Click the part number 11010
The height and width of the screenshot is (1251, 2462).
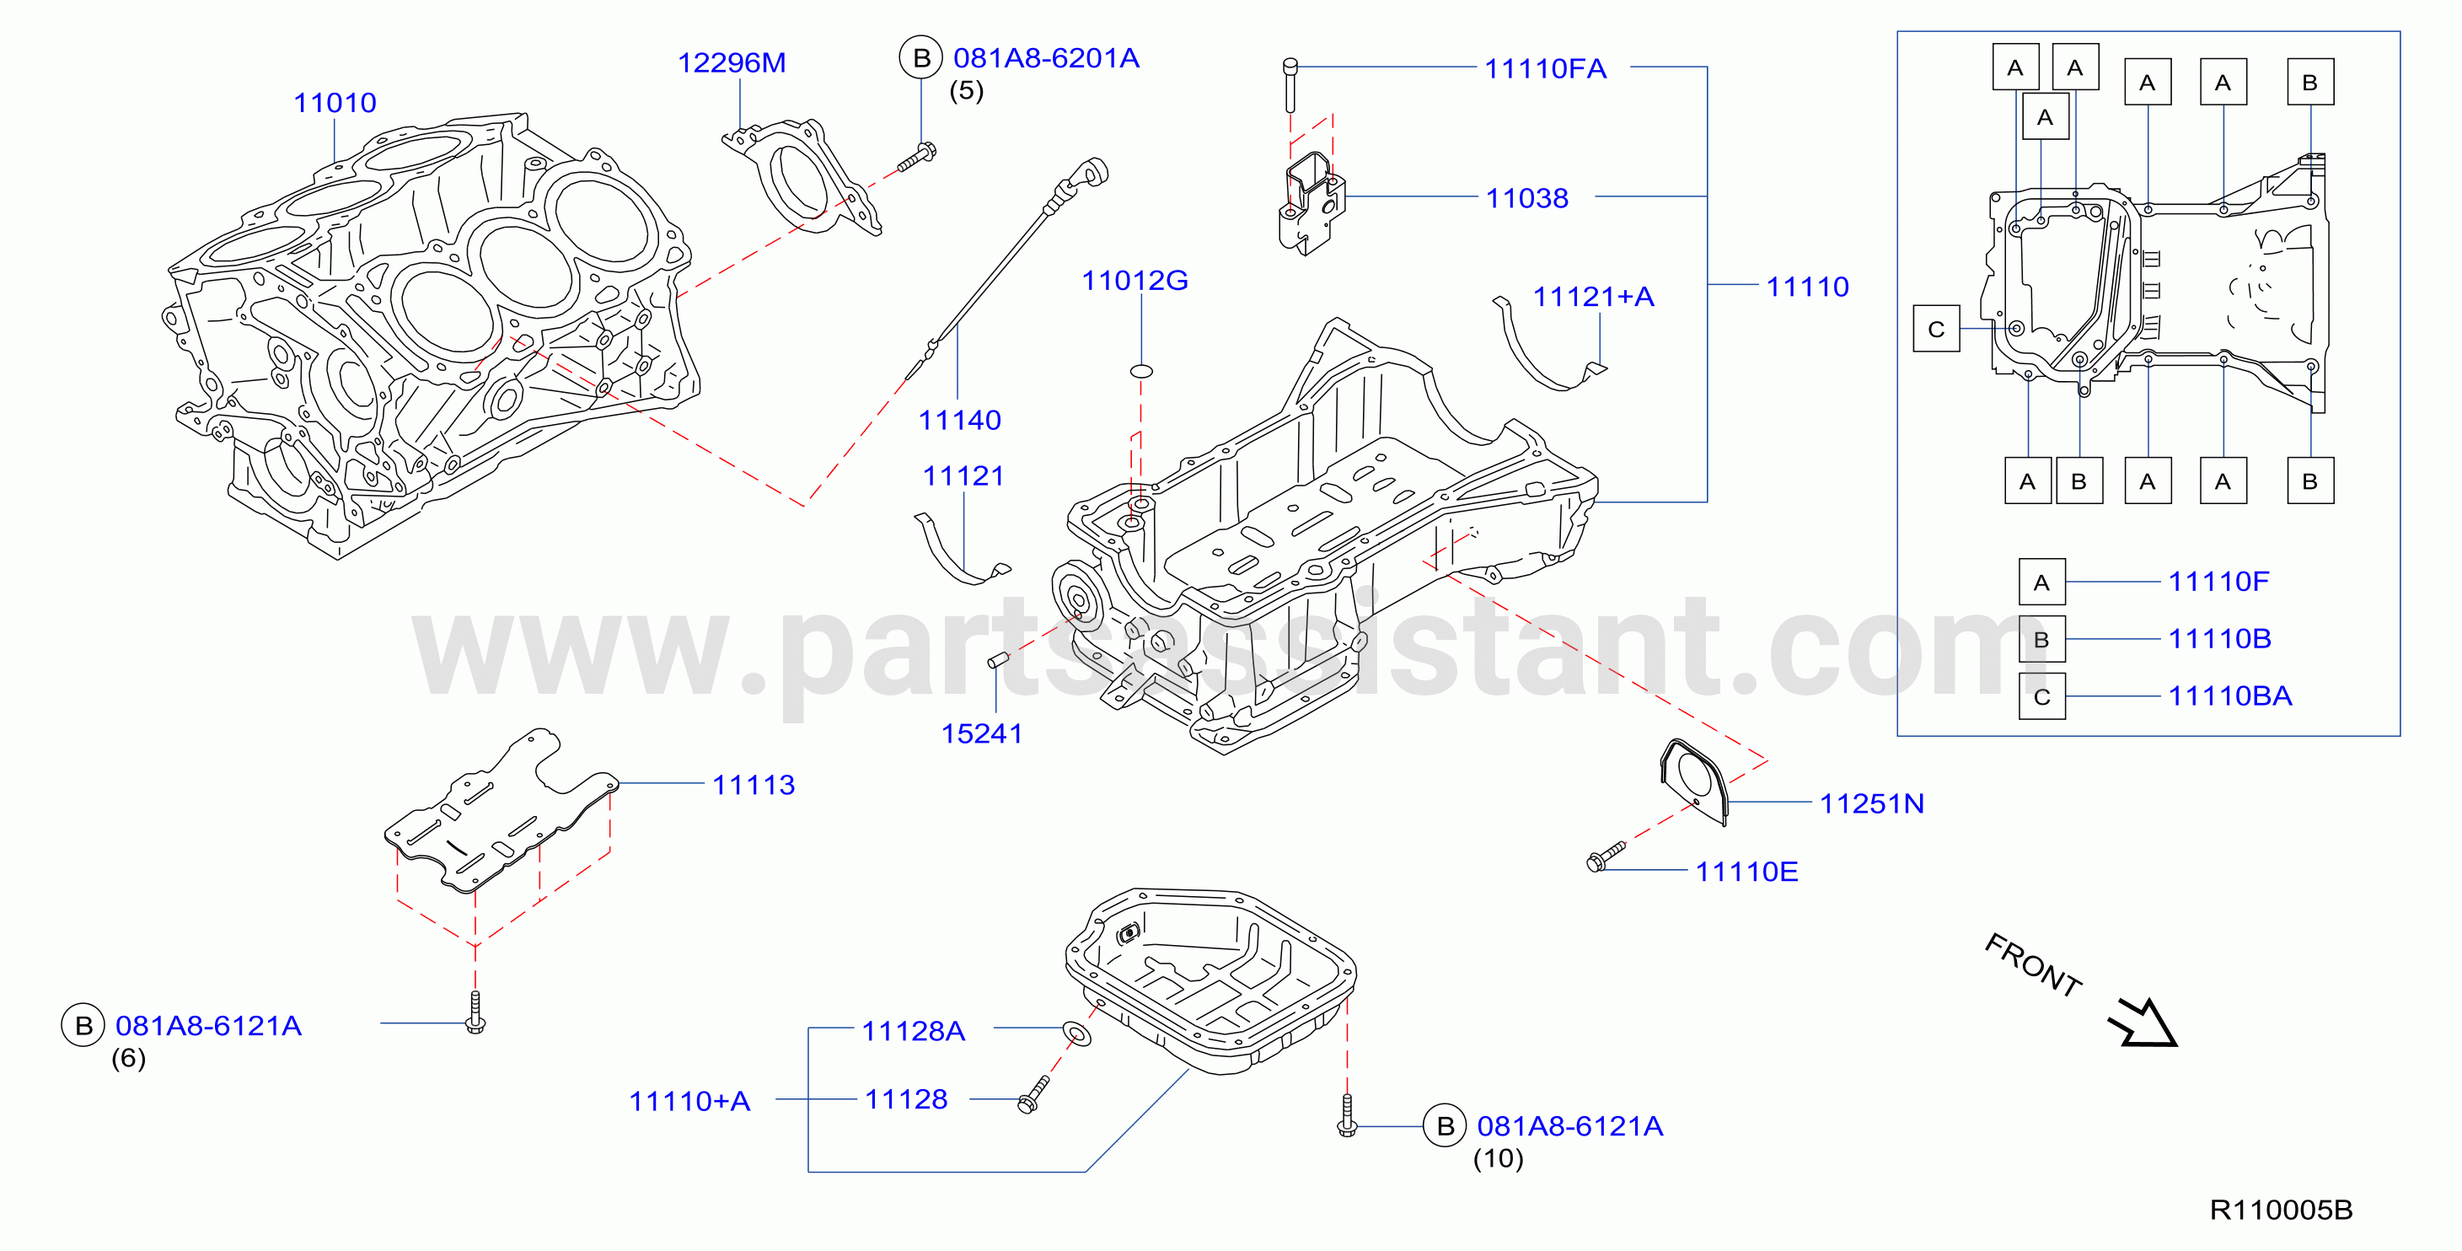pos(335,102)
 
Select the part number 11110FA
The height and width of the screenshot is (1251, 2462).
pos(1546,69)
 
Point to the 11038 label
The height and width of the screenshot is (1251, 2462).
pos(1527,198)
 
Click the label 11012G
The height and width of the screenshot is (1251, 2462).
pos(1134,280)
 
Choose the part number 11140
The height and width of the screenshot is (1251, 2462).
pos(959,420)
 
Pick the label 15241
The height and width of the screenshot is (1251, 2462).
pos(982,733)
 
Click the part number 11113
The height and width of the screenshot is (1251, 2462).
pos(754,785)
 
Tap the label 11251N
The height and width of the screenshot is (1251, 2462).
pos(1871,803)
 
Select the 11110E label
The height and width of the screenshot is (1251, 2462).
pos(1746,872)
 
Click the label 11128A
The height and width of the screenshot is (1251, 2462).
pos(913,1031)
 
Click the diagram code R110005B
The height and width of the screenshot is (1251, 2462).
pos(2281,1210)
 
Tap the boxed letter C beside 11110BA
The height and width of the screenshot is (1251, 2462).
pos(2041,696)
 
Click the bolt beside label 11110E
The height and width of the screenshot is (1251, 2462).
pos(1606,856)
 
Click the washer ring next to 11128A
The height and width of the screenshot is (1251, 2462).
pos(1076,1034)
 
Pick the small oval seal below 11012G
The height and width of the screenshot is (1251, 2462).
pos(1141,371)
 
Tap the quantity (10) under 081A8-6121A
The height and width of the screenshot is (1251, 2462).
pos(1498,1158)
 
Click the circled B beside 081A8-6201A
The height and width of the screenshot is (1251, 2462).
pos(921,58)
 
